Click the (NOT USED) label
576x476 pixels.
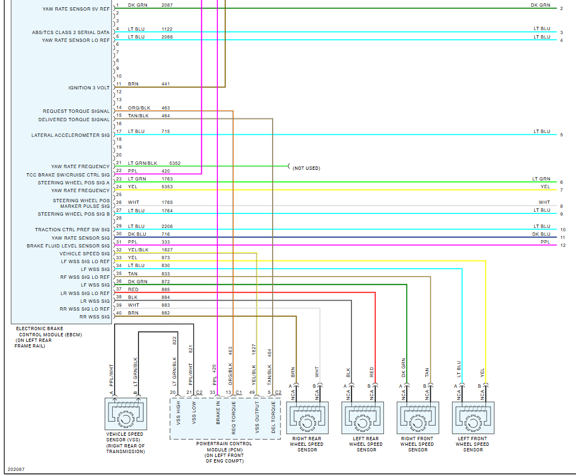click(x=306, y=168)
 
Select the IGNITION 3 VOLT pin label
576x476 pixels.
click(x=89, y=88)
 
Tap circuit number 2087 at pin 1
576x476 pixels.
click(x=167, y=4)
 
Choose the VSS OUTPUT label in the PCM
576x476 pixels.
click(x=257, y=417)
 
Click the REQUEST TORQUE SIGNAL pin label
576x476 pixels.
click(x=76, y=111)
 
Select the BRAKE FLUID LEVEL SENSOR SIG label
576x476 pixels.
click(x=68, y=246)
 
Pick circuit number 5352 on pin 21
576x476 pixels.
click(x=175, y=163)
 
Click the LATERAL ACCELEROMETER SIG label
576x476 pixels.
click(x=70, y=135)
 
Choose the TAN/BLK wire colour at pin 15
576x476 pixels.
click(x=138, y=116)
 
